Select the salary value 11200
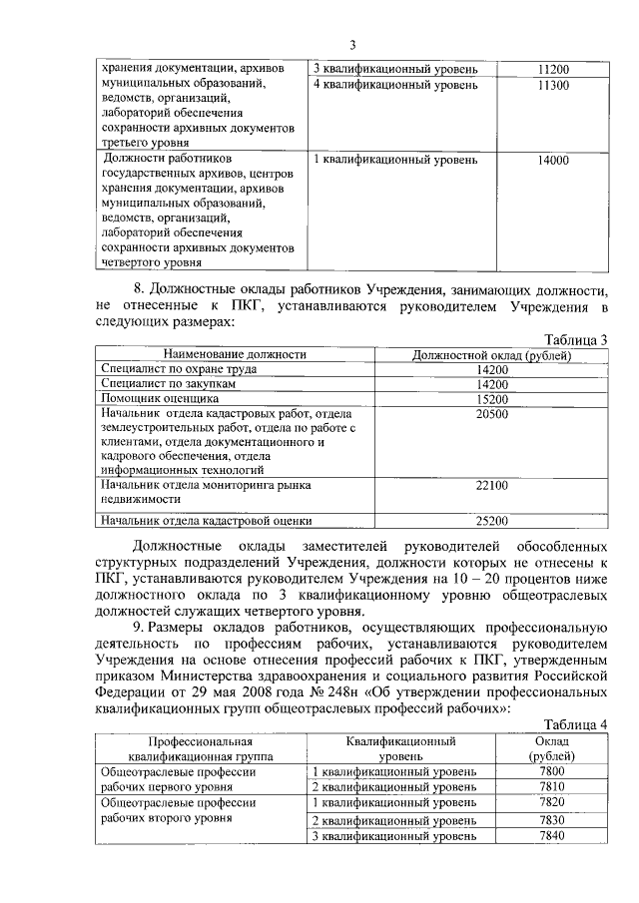[x=552, y=70]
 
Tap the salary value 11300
[x=552, y=86]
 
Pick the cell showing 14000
[x=552, y=160]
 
